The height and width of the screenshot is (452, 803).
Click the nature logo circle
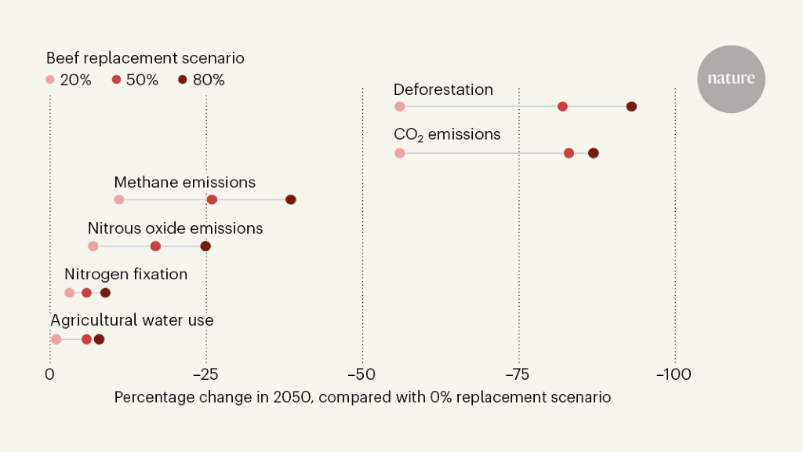pyautogui.click(x=731, y=78)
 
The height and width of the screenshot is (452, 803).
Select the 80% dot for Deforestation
pyautogui.click(x=631, y=106)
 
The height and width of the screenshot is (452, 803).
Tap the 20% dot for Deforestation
pyautogui.click(x=399, y=106)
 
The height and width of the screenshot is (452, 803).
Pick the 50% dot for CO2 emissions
pyautogui.click(x=569, y=153)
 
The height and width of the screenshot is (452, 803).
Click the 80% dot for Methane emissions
pyautogui.click(x=291, y=199)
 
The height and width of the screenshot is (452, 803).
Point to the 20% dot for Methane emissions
pyautogui.click(x=118, y=199)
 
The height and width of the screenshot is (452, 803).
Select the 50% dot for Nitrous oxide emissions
pyautogui.click(x=155, y=246)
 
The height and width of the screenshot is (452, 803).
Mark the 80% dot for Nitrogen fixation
pyautogui.click(x=105, y=293)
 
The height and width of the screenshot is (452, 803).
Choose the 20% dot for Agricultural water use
pyautogui.click(x=56, y=339)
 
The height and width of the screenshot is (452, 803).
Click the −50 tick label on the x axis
pyautogui.click(x=362, y=374)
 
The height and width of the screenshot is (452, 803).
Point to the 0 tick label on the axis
pyautogui.click(x=49, y=374)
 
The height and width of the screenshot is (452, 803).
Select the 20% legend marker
pyautogui.click(x=50, y=79)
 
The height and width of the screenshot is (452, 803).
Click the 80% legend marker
pyautogui.click(x=182, y=79)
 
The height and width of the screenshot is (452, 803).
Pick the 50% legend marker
pyautogui.click(x=117, y=79)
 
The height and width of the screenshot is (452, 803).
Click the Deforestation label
pyautogui.click(x=443, y=89)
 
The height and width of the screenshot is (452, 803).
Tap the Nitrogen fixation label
pyautogui.click(x=125, y=275)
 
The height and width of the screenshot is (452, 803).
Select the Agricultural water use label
pyautogui.click(x=132, y=320)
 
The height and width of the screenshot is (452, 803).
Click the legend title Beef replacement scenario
pyautogui.click(x=145, y=58)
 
